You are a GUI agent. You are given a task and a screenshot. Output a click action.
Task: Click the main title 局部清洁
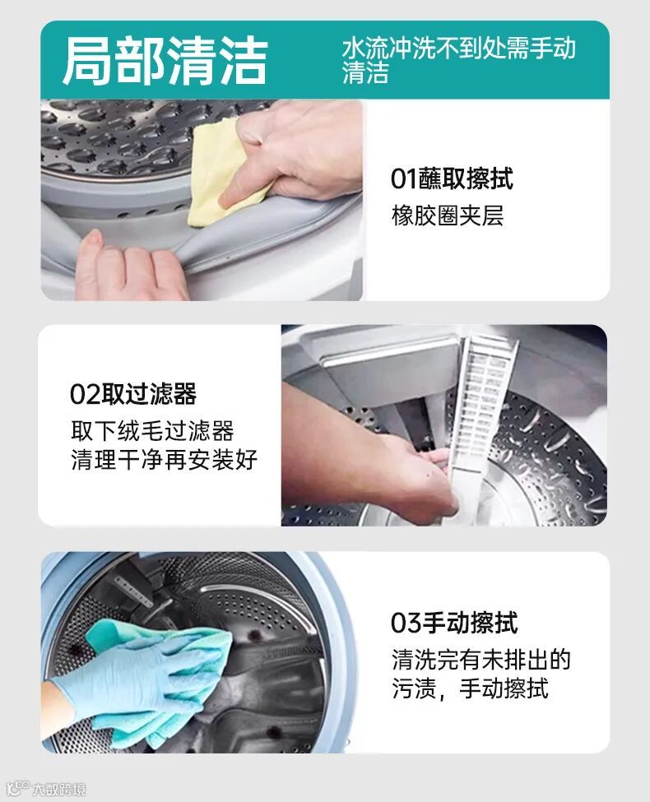tap(165, 60)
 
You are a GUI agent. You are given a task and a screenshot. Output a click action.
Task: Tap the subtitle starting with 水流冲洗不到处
tap(459, 60)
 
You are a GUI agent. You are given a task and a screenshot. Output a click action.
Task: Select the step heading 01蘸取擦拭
tap(452, 178)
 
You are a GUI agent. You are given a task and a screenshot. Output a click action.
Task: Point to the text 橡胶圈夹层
tap(448, 216)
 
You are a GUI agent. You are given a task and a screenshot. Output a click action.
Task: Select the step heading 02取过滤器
tap(133, 394)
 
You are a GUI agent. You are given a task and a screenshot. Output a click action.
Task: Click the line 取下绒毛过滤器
tap(152, 431)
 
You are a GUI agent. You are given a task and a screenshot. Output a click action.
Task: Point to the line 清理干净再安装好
tap(165, 459)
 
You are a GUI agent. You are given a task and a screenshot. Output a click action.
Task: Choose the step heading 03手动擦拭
tap(454, 623)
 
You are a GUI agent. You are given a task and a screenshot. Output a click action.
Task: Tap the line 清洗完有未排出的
tap(481, 660)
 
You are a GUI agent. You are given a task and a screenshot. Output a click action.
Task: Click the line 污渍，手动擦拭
tap(470, 688)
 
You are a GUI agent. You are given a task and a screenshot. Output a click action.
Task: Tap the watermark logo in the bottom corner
tap(47, 789)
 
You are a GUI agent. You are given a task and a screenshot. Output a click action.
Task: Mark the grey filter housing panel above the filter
tap(389, 369)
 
